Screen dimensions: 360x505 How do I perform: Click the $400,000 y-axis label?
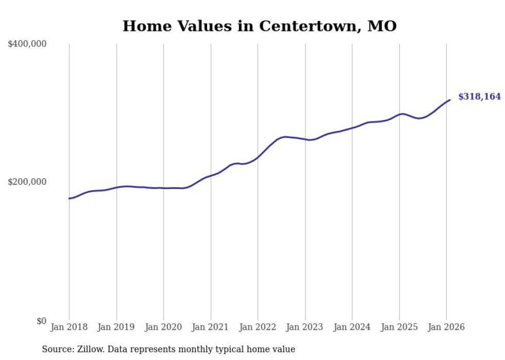[x=27, y=44]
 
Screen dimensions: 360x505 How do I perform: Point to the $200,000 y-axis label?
[x=27, y=182]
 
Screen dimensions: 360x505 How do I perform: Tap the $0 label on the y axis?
[x=41, y=321]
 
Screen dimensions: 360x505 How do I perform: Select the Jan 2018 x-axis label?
[x=69, y=328]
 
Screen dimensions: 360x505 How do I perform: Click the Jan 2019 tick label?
[x=116, y=328]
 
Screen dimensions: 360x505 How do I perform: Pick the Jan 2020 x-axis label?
[x=163, y=328]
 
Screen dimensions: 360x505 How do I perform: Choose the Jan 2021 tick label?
[x=211, y=328]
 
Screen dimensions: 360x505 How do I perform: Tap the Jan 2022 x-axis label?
[x=258, y=328]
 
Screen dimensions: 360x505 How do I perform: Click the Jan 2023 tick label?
[x=305, y=328]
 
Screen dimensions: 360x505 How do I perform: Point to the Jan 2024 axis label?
[x=352, y=328]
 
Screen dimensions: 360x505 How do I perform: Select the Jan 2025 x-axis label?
[x=399, y=328]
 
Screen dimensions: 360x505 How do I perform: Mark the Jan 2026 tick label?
[x=446, y=328]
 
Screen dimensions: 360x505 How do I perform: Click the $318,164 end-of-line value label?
[x=479, y=97]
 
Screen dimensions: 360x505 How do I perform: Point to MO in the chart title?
[x=382, y=26]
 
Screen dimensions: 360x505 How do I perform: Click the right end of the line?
[x=450, y=100]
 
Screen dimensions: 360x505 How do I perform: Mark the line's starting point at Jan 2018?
[x=69, y=198]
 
